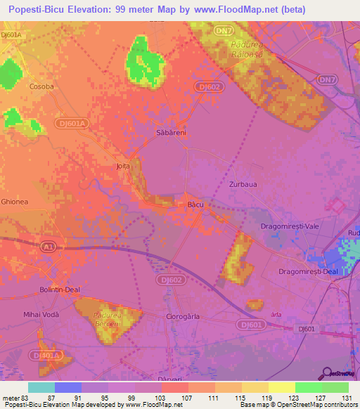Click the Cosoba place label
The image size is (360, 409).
coord(41,86)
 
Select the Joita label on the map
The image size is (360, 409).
coord(124,167)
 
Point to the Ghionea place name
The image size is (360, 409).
coord(15,201)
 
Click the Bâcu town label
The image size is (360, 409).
coord(195,204)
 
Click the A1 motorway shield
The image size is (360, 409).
coord(47,246)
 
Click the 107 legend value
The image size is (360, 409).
coord(188,397)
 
